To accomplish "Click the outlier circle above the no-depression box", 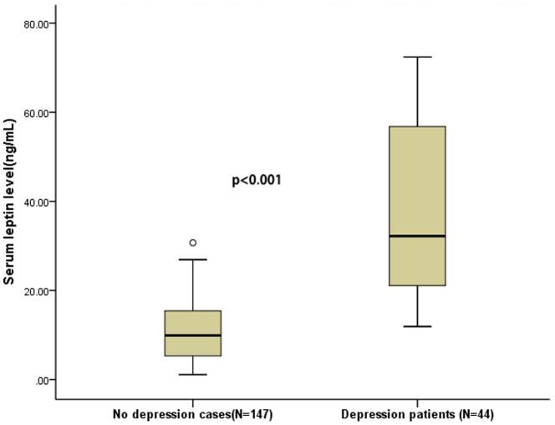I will (193, 243).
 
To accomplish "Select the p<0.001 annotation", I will (256, 180).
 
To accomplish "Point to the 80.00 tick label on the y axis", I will (39, 23).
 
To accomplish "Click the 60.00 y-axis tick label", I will (39, 112).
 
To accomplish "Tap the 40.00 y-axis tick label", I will (39, 202).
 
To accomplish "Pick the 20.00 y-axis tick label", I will (39, 290).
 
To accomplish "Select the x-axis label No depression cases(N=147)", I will (193, 414).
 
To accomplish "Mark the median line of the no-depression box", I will (193, 335).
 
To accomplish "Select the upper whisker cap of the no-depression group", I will (193, 259).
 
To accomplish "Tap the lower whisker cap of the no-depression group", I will (193, 374).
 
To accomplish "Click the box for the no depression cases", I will (193, 323).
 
